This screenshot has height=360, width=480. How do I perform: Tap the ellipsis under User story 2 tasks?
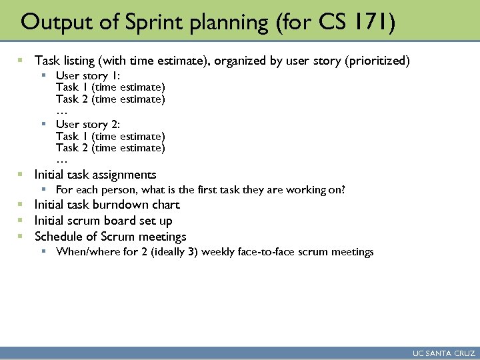[x=62, y=160]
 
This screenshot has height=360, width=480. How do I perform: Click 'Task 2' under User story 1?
[x=72, y=99]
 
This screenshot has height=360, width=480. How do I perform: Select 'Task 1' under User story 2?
[x=72, y=136]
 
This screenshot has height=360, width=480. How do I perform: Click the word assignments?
[x=125, y=175]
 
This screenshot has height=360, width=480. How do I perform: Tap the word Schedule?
[x=59, y=237]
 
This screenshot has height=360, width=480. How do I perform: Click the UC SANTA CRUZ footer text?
[x=444, y=353]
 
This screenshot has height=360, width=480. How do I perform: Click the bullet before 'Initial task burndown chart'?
[x=21, y=205]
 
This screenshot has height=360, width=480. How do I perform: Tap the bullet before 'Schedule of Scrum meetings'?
[x=21, y=237]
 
